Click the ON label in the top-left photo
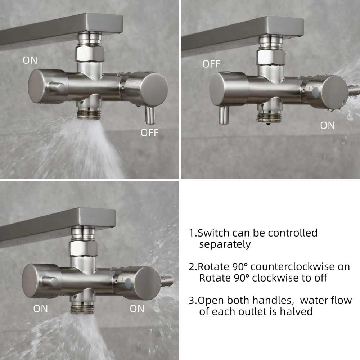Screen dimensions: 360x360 coord(30,60)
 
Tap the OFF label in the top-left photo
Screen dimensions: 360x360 coord(149,132)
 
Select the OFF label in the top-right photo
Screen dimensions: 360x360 coord(211,64)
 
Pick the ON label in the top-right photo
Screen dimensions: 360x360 coord(327,125)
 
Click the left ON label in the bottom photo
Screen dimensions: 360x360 coord(41,309)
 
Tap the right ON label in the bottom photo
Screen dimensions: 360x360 coord(137,309)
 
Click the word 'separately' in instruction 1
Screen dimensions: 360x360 coord(225,244)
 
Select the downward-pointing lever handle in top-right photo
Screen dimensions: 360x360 coord(224,115)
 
